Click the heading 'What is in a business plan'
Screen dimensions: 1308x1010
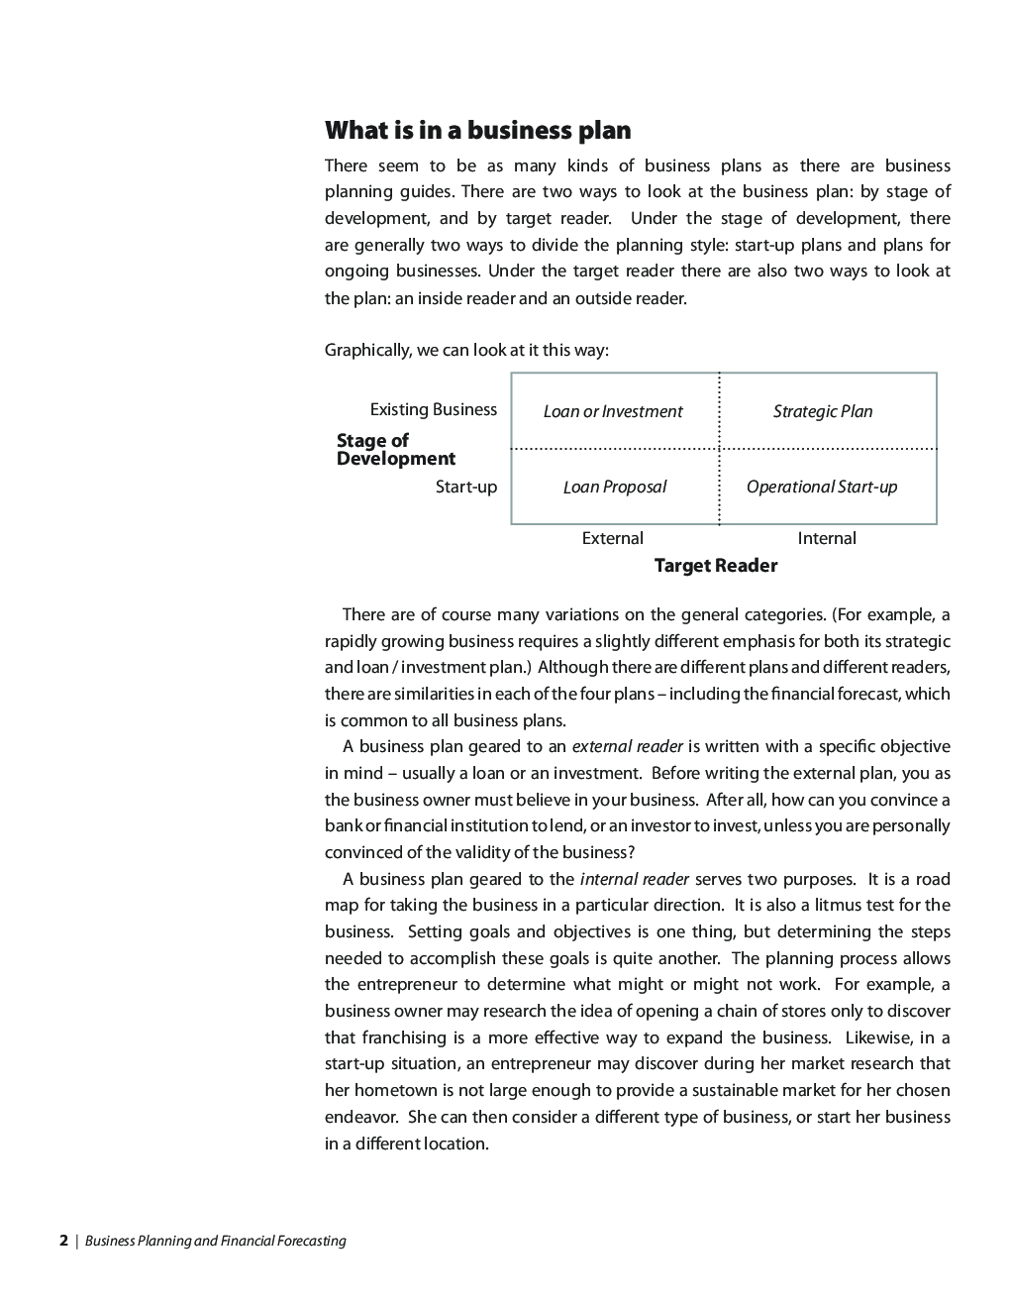pyautogui.click(x=477, y=131)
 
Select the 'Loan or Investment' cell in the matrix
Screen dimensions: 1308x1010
pyautogui.click(x=613, y=411)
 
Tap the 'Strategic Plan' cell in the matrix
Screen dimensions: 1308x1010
pyautogui.click(x=823, y=411)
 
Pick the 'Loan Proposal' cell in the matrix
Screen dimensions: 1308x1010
pyautogui.click(x=614, y=487)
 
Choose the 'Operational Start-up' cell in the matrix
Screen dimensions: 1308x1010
pyautogui.click(x=822, y=487)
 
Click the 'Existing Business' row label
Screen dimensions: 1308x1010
pyautogui.click(x=434, y=409)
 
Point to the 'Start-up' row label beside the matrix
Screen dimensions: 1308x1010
pyautogui.click(x=466, y=487)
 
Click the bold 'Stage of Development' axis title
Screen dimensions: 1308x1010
pyautogui.click(x=395, y=449)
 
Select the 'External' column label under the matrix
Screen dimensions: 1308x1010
pyautogui.click(x=612, y=538)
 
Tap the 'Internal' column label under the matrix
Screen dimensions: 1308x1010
pyautogui.click(x=827, y=538)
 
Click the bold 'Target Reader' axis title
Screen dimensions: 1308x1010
pyautogui.click(x=716, y=566)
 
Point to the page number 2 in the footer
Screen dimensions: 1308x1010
pyautogui.click(x=63, y=1240)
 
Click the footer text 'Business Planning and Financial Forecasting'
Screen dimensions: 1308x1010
pyautogui.click(x=216, y=1241)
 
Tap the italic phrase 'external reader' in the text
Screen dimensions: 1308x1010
pyautogui.click(x=627, y=746)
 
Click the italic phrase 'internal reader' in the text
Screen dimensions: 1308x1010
pyautogui.click(x=634, y=879)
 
